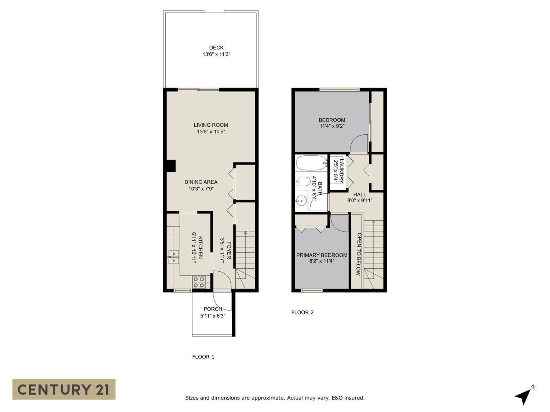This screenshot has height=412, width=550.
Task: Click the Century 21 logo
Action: pyautogui.click(x=64, y=389)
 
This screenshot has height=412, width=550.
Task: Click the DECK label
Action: pyautogui.click(x=216, y=48)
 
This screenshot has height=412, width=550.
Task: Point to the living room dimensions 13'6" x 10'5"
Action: pyautogui.click(x=211, y=131)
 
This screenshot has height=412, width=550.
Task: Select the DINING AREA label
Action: pyautogui.click(x=201, y=182)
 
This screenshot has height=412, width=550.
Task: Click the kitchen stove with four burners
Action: pyautogui.click(x=199, y=282)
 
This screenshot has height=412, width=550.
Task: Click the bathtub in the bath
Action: pyautogui.click(x=311, y=163)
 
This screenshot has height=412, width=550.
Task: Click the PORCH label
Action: pyautogui.click(x=213, y=309)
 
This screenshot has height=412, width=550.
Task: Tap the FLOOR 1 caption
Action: pyautogui.click(x=203, y=357)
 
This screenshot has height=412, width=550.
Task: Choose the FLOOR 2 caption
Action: pyautogui.click(x=302, y=312)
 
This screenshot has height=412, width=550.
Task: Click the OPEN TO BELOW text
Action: pyautogui.click(x=359, y=254)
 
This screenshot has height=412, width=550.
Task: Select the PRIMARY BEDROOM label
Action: pyautogui.click(x=322, y=255)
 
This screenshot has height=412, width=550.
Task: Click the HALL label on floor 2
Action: pyautogui.click(x=359, y=194)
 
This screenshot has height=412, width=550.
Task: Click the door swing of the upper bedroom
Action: pyautogui.click(x=358, y=144)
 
